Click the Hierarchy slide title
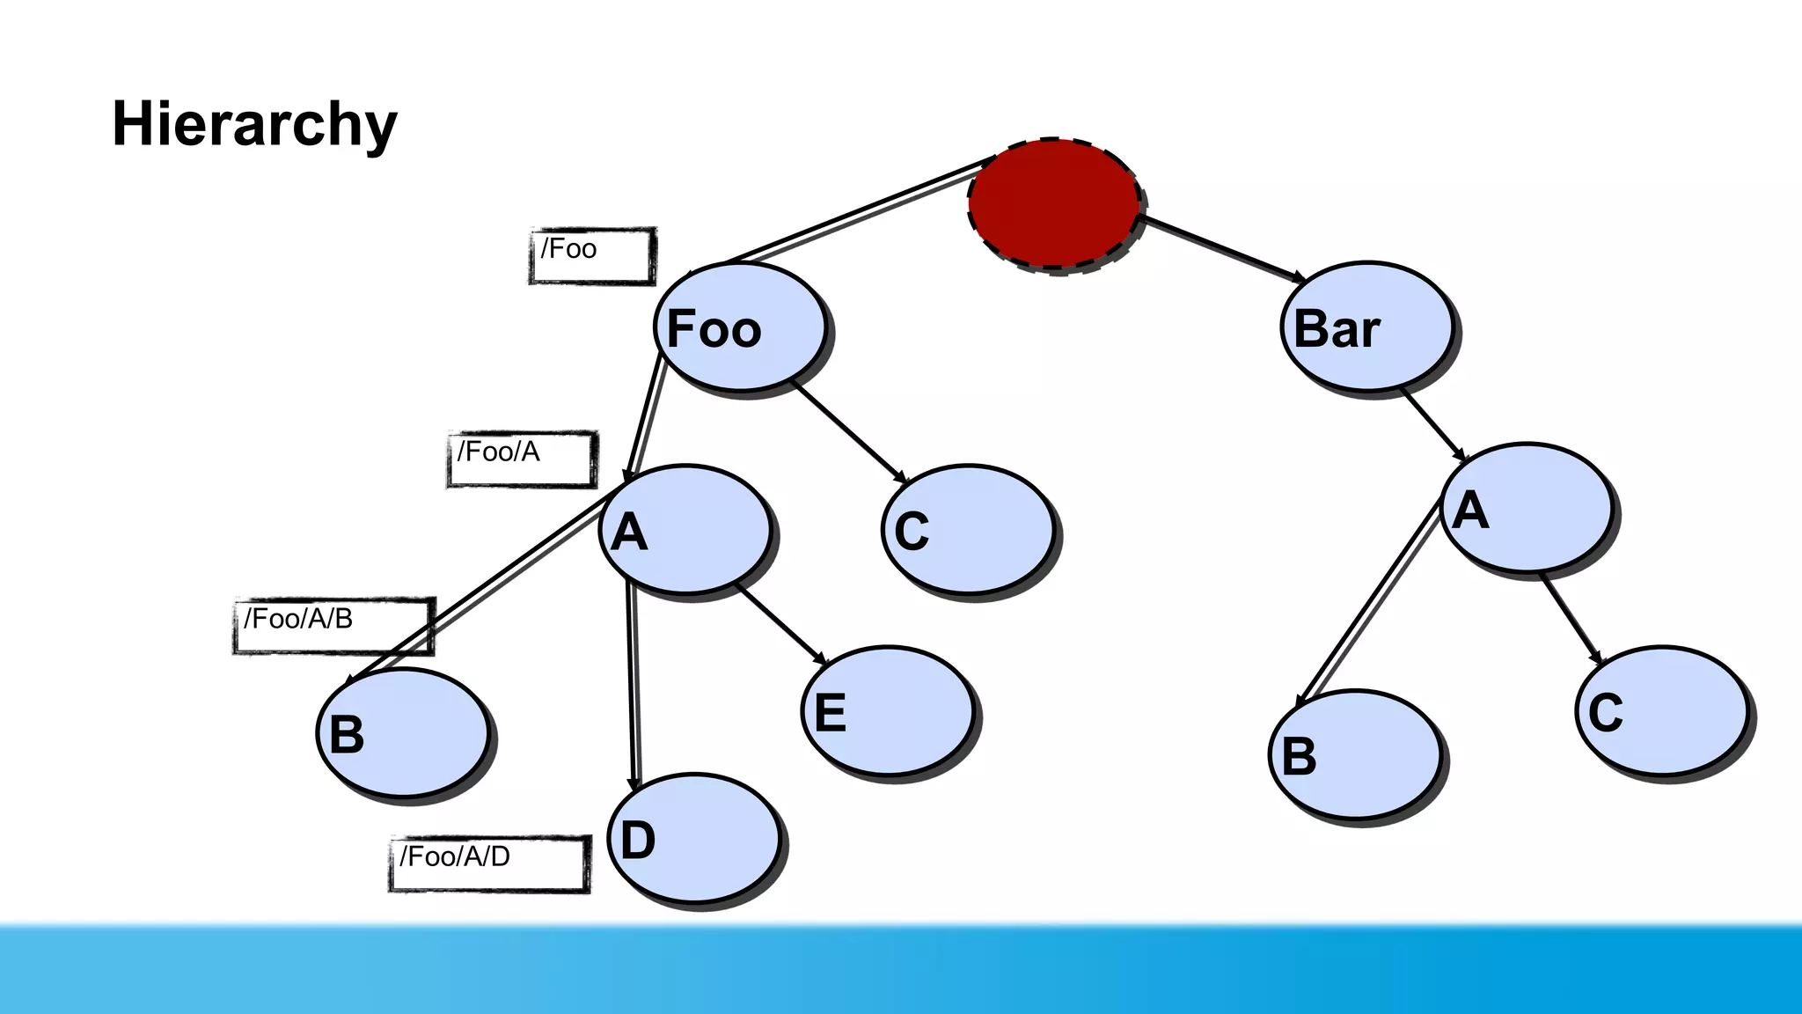pos(254,124)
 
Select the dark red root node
pos(1054,204)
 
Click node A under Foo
pos(685,530)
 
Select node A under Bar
pos(1527,509)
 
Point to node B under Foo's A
pos(403,733)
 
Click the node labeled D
pos(694,839)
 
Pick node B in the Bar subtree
pos(1355,754)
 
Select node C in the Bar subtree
pos(1662,711)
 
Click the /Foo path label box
pos(592,256)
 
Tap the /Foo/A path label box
pos(522,459)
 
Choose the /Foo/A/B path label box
pos(333,626)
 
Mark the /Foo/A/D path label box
pos(489,863)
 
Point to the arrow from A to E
pos(781,624)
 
